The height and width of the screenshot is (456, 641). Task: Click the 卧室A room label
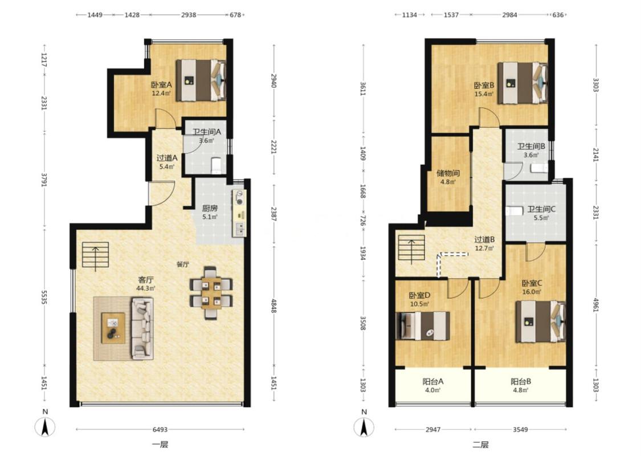point(161,85)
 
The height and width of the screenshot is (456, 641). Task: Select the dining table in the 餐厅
point(211,293)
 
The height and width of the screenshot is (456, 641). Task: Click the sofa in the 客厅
point(142,328)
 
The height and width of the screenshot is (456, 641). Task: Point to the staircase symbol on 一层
point(96,255)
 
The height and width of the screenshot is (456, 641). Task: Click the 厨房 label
point(210,208)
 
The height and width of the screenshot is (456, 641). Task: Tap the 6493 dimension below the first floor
point(160,429)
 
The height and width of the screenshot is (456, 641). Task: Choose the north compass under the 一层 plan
point(45,425)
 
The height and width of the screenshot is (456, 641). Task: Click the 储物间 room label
point(448,173)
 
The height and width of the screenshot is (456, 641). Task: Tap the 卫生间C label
point(541,209)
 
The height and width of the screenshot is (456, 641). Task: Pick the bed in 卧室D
point(423,326)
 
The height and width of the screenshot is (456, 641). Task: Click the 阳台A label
point(433,381)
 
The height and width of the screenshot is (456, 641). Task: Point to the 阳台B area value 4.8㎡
point(521,390)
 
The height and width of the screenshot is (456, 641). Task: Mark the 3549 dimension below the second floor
point(520,429)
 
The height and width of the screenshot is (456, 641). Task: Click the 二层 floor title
point(480,445)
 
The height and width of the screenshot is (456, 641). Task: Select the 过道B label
point(485,239)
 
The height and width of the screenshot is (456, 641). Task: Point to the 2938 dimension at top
point(189,15)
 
